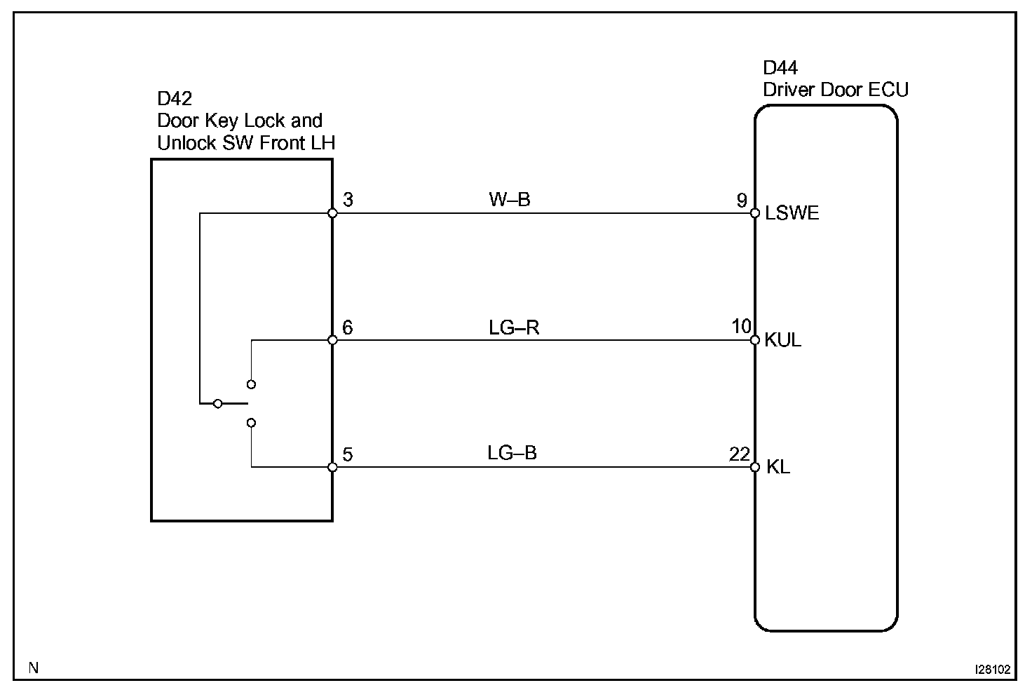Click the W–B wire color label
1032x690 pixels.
[x=510, y=200]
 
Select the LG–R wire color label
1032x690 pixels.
[x=514, y=327]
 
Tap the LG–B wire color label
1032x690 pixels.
[x=512, y=453]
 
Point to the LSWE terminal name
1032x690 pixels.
[x=792, y=213]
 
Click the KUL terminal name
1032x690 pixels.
[x=782, y=340]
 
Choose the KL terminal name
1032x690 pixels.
[x=778, y=467]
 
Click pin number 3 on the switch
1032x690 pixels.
[x=348, y=200]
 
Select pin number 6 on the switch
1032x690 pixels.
[x=348, y=327]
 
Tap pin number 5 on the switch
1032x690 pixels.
[x=348, y=455]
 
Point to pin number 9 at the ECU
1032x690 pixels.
[x=741, y=201]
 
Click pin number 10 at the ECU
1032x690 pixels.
[x=741, y=327]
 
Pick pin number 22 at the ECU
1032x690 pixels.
[x=740, y=454]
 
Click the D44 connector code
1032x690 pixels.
[x=780, y=68]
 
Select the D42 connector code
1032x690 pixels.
[x=175, y=99]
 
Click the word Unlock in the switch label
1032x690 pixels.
[x=187, y=143]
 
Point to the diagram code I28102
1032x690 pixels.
[x=992, y=669]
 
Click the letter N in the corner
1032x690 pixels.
[x=33, y=668]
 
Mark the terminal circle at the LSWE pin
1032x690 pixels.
[x=754, y=213]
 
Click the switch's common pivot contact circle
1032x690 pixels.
[x=218, y=404]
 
